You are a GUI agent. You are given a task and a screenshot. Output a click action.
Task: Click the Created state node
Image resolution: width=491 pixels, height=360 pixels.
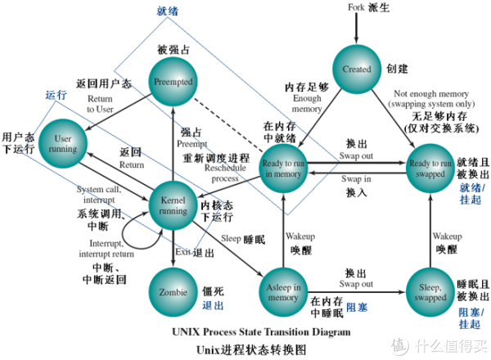357,70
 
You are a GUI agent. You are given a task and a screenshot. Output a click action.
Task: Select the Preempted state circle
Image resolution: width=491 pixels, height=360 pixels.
174,82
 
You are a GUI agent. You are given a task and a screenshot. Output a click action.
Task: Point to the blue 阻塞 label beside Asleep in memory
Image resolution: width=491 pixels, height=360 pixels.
357,308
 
